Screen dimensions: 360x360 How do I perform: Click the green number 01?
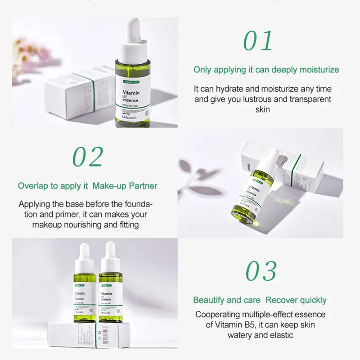(258, 41)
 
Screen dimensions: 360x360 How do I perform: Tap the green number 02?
(88, 157)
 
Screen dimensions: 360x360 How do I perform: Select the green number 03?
(261, 271)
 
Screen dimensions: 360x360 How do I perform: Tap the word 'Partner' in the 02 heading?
(143, 185)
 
